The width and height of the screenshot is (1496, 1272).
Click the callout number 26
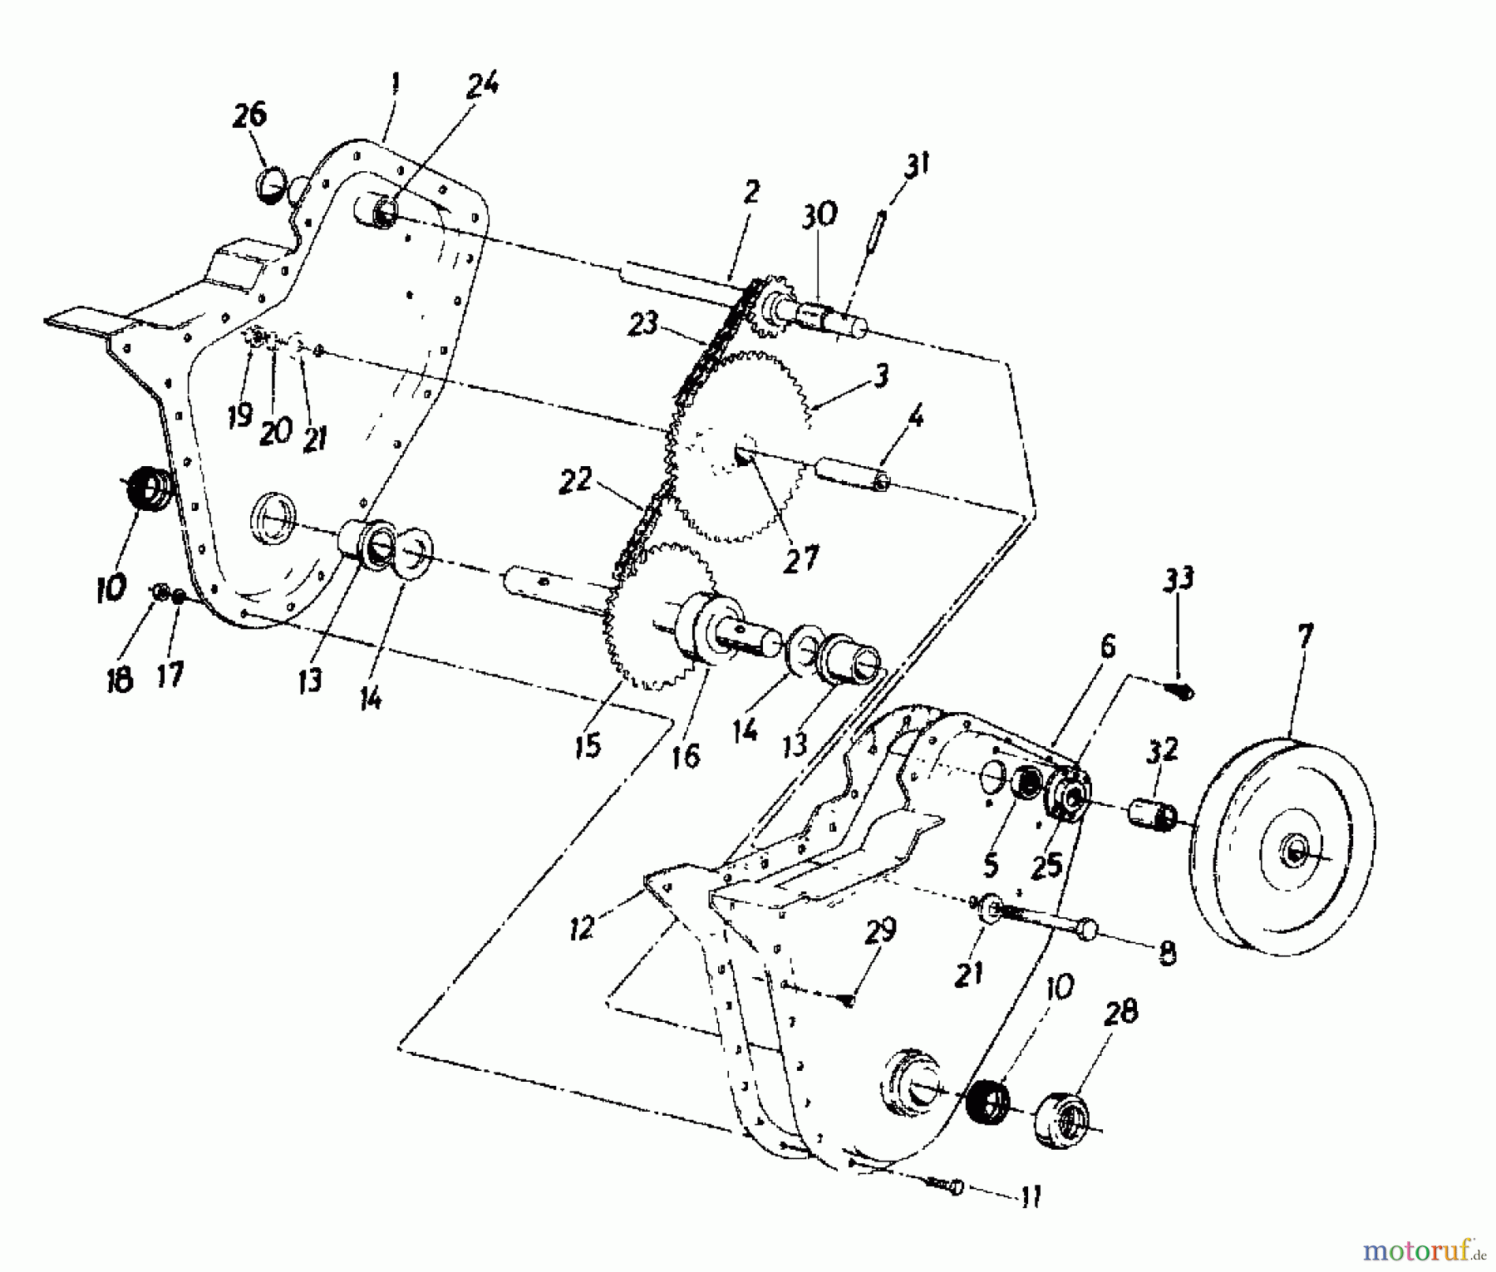250,115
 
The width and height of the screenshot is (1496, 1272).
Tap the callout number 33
1179,578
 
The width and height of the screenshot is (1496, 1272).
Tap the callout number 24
482,85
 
